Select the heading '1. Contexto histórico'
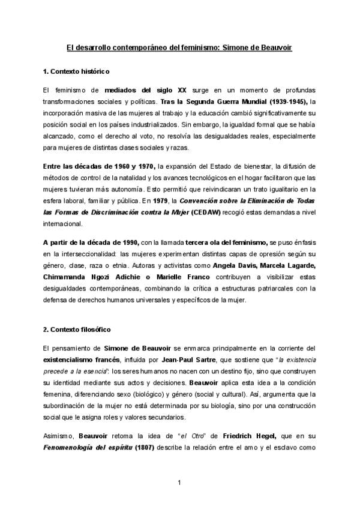(76, 72)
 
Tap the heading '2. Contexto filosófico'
(77, 330)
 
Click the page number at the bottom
(179, 483)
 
